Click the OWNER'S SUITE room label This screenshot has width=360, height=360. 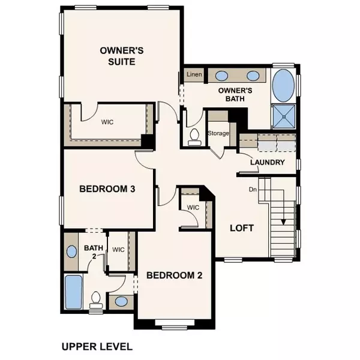[116, 56]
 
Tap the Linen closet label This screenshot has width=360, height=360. [194, 74]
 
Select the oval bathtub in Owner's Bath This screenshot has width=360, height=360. [283, 86]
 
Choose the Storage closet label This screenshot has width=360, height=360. [218, 133]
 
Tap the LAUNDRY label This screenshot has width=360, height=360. [268, 163]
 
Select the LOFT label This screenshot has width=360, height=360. [242, 229]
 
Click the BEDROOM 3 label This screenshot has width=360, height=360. [107, 188]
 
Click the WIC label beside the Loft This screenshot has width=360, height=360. [193, 208]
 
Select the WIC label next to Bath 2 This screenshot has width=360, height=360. [118, 248]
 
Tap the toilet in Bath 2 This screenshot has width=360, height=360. [96, 299]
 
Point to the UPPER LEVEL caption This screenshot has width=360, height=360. [97, 346]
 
